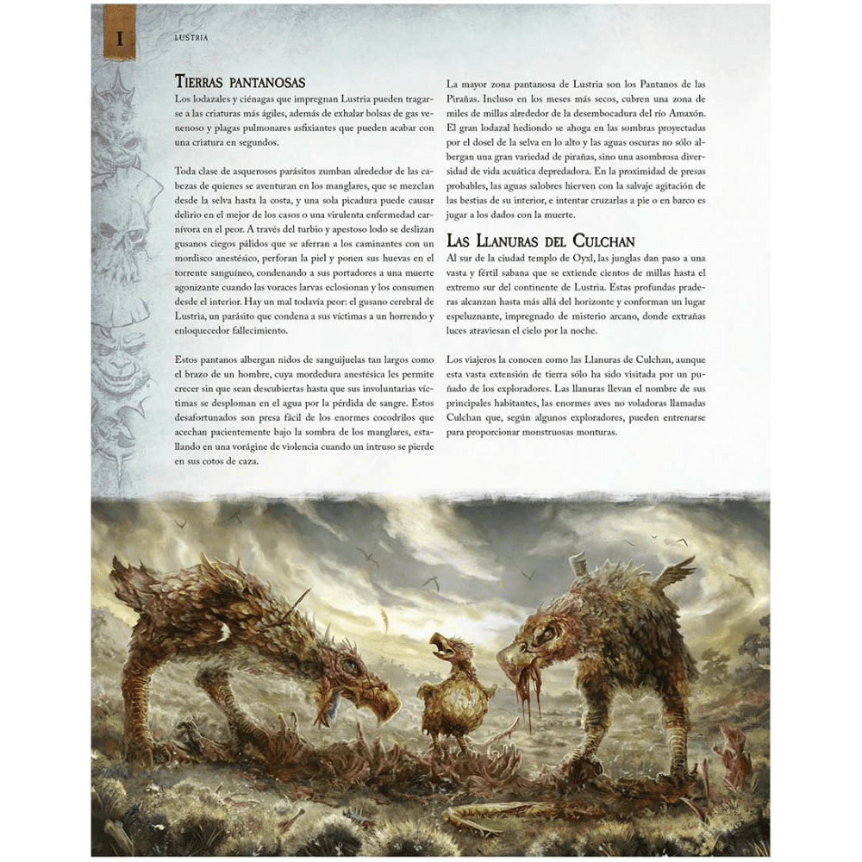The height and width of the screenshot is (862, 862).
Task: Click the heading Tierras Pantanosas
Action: click(240, 83)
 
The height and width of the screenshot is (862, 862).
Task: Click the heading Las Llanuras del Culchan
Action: click(540, 240)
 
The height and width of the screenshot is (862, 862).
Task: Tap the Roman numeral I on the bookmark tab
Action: click(120, 38)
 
